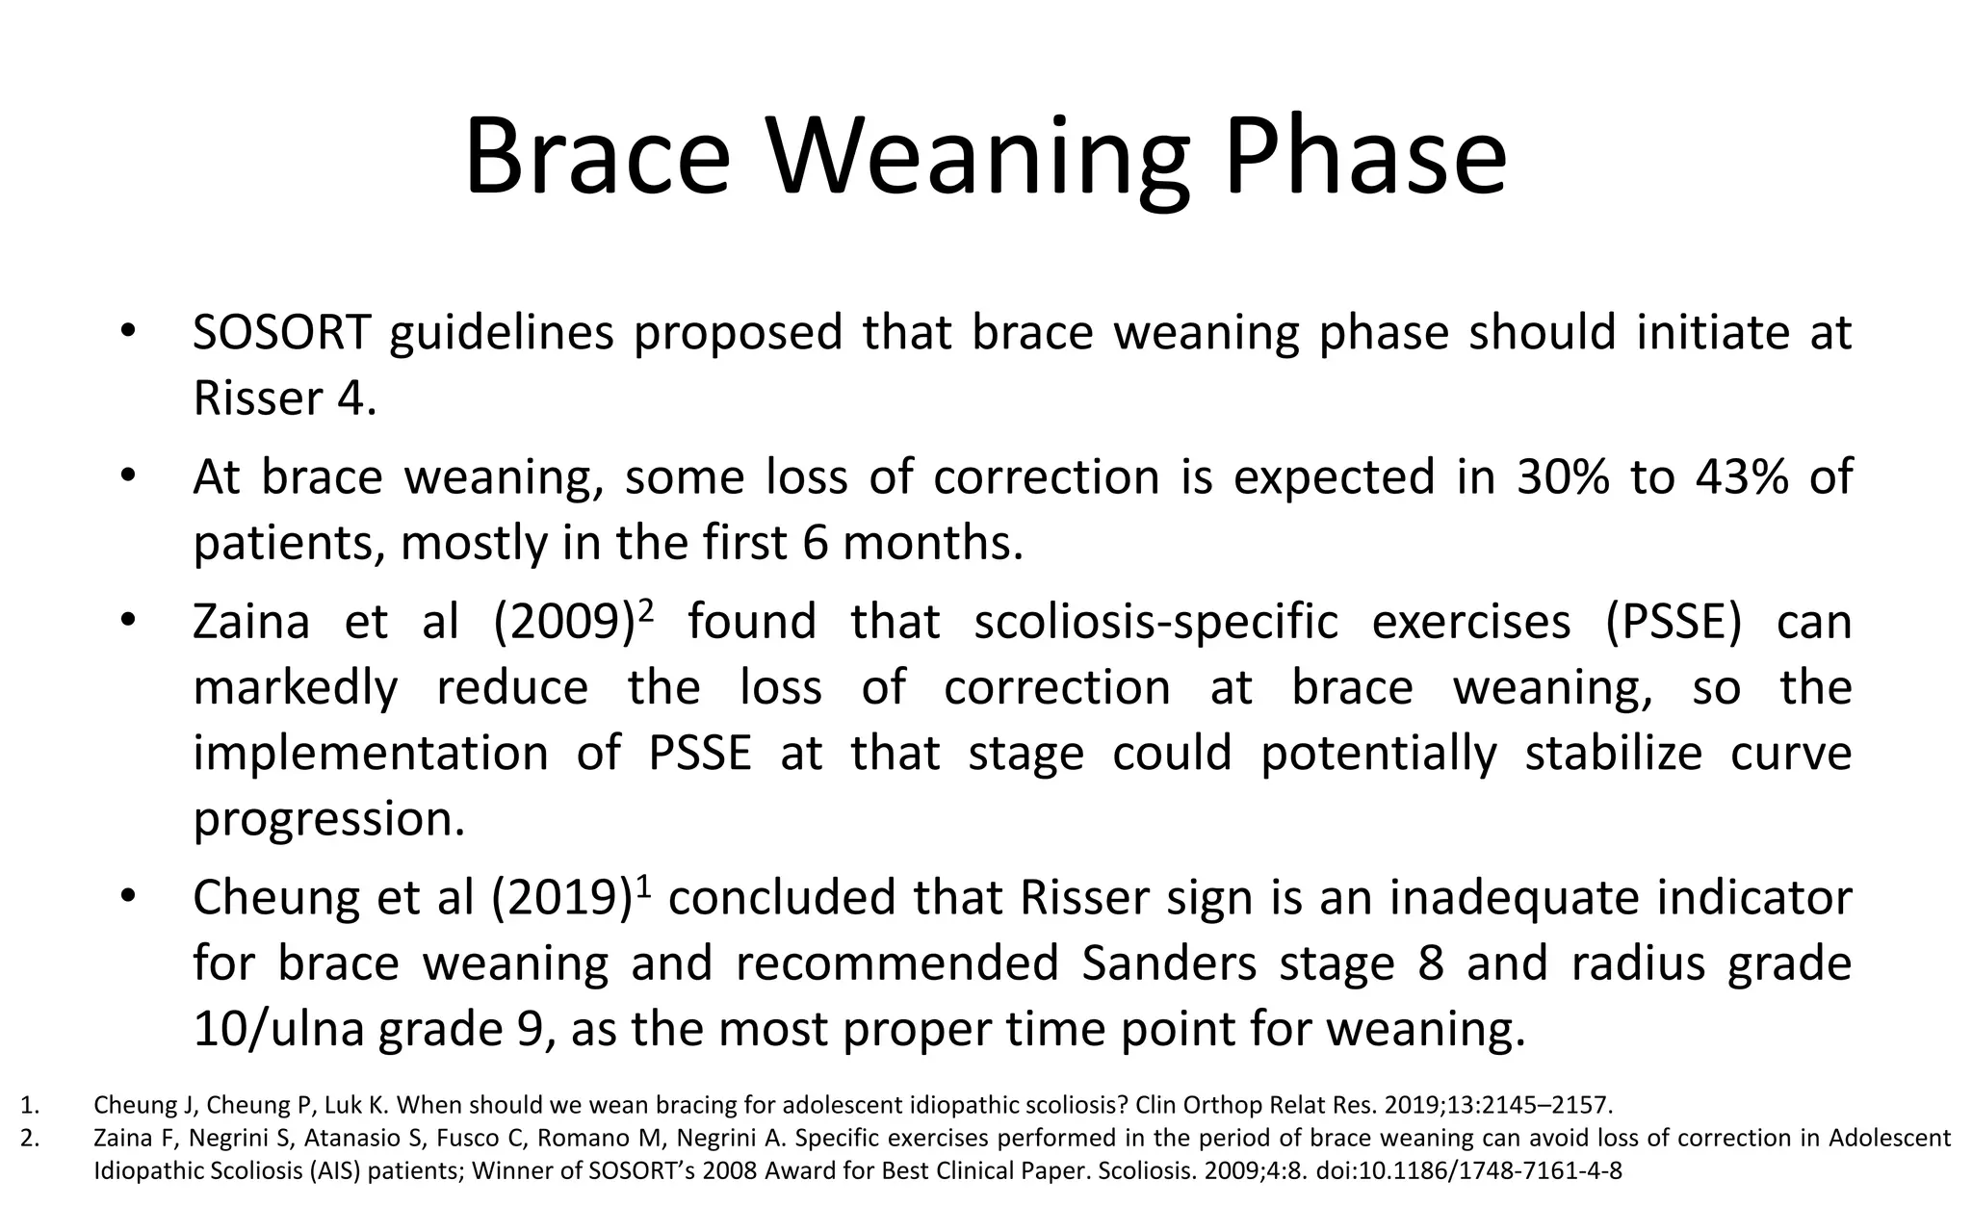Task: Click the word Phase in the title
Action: [1364, 157]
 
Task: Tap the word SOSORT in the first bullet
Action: [281, 333]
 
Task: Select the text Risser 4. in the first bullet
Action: [284, 398]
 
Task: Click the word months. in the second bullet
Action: [932, 543]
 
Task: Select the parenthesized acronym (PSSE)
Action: [1674, 622]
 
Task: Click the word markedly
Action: [295, 687]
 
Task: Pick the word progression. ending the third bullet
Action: [328, 819]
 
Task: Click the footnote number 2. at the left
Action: [30, 1139]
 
